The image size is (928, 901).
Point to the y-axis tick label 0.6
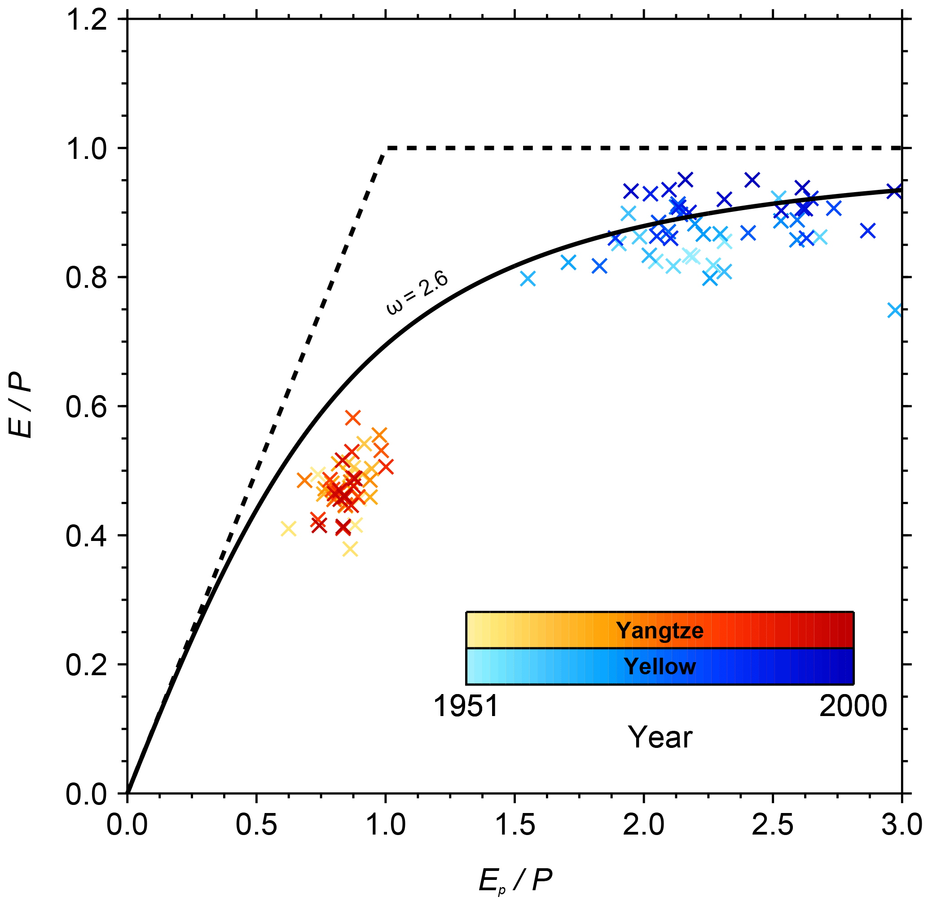[x=86, y=407]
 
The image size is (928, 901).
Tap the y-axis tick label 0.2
[x=86, y=665]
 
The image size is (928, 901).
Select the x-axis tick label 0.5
[x=256, y=824]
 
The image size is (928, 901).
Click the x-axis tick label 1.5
[x=515, y=824]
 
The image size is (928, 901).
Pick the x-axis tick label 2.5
[x=773, y=824]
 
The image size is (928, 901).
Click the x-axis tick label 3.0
[x=902, y=824]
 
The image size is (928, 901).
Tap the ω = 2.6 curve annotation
[x=417, y=294]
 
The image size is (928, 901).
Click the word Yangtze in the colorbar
[x=660, y=630]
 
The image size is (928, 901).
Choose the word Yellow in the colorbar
[x=660, y=666]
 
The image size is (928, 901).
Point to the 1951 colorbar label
[x=466, y=707]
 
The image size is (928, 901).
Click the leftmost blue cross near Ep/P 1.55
[x=528, y=279]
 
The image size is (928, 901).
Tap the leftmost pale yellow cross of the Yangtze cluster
[x=288, y=529]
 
